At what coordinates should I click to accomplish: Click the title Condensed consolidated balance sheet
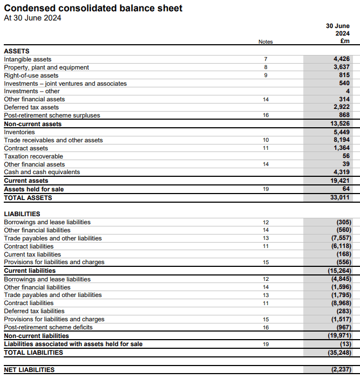coord(93,8)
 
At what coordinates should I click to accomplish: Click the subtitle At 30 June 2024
coord(32,18)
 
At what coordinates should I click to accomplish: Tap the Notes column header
coord(266,42)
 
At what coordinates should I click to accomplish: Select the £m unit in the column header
coord(345,41)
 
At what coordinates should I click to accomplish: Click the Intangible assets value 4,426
coord(341,59)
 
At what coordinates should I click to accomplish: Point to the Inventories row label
coord(19,132)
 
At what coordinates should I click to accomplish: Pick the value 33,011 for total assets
coord(339,198)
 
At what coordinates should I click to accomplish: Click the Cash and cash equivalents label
coord(42,172)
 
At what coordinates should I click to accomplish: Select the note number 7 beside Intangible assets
coord(266,59)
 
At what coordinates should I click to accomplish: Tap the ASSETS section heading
coord(17,51)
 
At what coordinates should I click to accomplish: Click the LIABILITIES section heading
coord(22,214)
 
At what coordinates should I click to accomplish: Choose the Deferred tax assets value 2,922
coord(341,107)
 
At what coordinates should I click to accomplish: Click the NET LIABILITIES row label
coord(29,370)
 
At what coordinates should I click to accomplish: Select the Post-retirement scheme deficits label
coord(48,327)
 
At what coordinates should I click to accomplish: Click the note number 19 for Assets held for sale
coord(266,189)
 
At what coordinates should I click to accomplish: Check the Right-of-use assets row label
coord(31,75)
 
